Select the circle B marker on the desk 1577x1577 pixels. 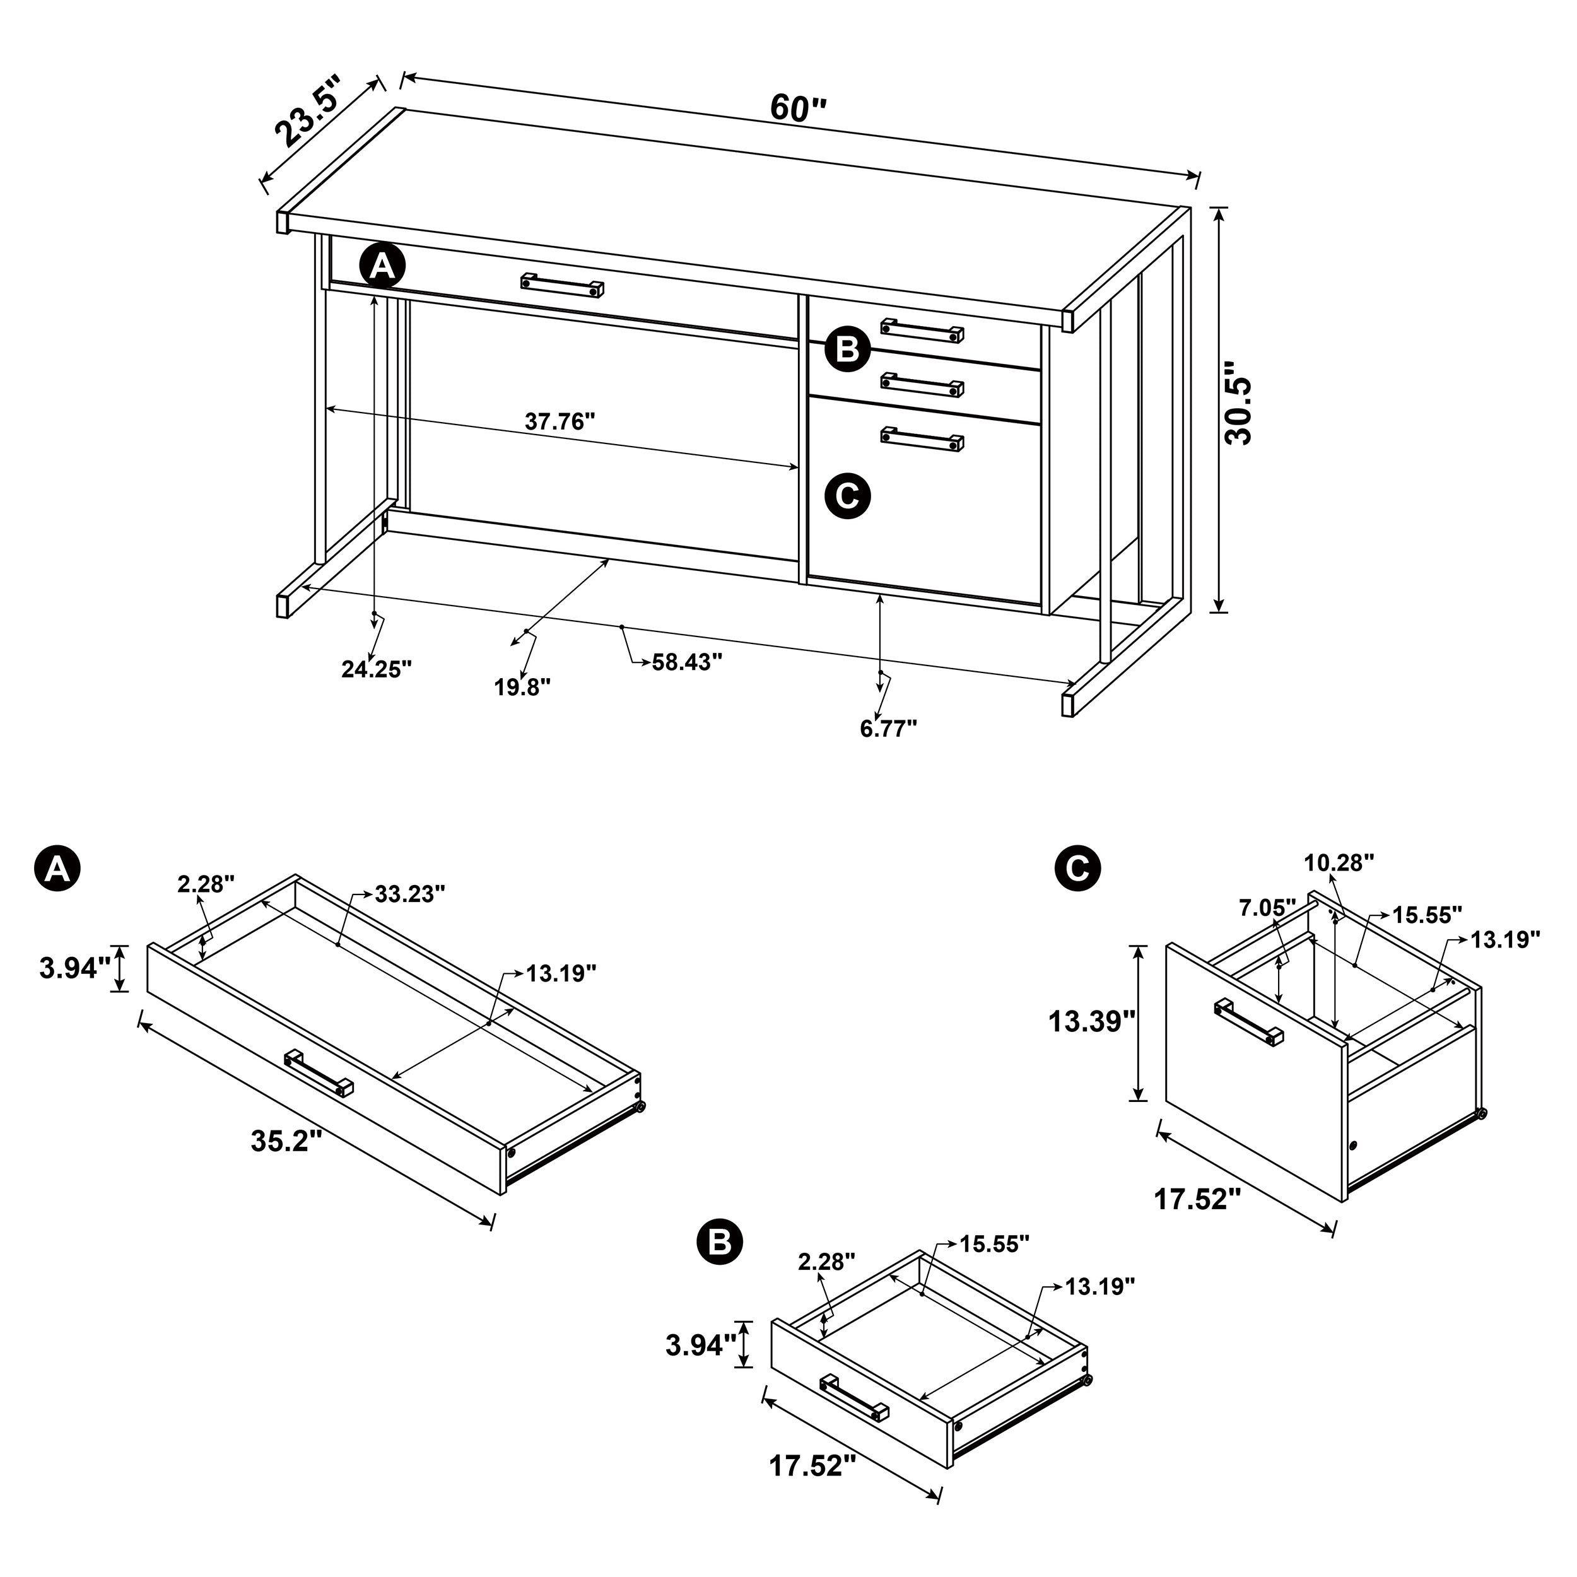pyautogui.click(x=847, y=349)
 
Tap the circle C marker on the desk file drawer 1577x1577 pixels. pyautogui.click(x=847, y=495)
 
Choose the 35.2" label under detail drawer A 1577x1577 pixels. pyautogui.click(x=281, y=1141)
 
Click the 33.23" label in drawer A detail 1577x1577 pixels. pyautogui.click(x=410, y=894)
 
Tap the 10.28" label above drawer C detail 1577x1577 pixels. pyautogui.click(x=1339, y=863)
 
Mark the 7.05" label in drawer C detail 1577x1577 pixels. pyautogui.click(x=1267, y=907)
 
